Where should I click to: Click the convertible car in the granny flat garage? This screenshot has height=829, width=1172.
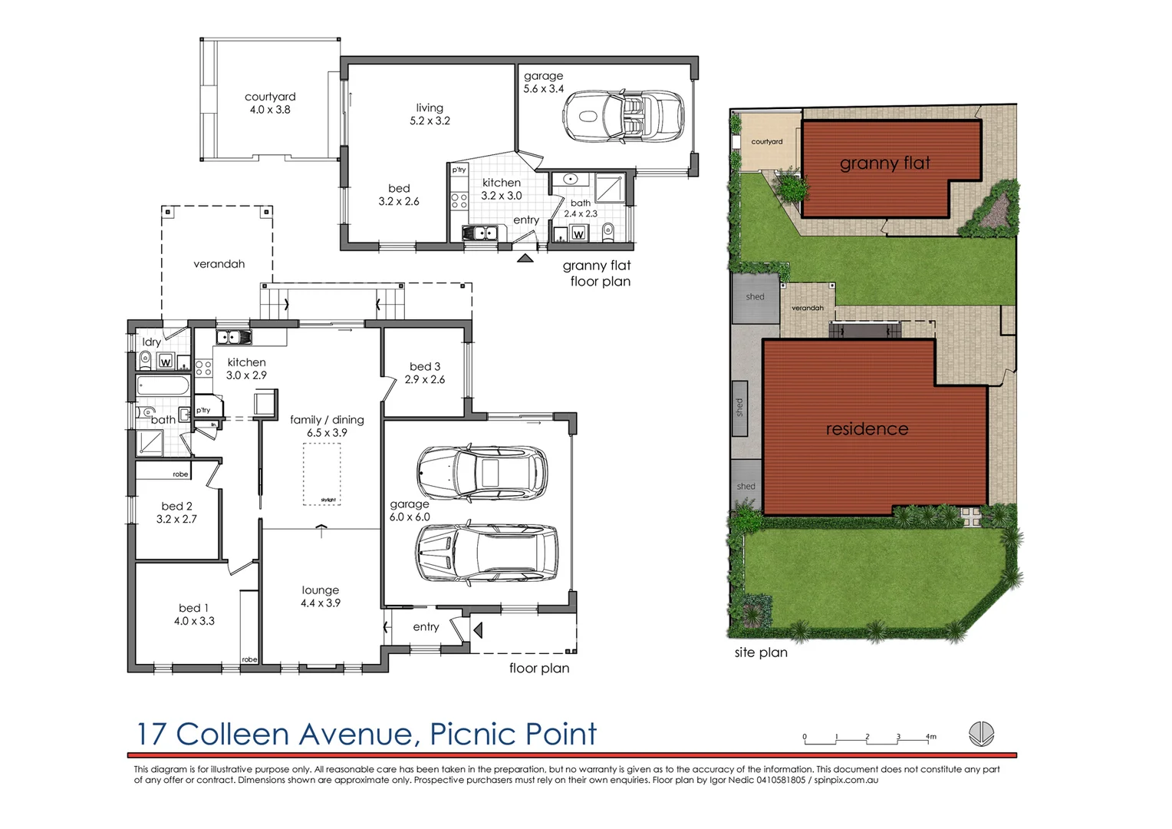click(623, 117)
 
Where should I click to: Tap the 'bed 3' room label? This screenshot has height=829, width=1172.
click(425, 367)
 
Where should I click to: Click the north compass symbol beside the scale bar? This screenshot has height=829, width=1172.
click(981, 734)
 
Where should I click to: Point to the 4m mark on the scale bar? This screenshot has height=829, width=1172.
click(929, 738)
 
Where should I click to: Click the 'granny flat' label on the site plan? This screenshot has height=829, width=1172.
click(884, 163)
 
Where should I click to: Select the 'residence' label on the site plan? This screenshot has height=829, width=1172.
click(867, 429)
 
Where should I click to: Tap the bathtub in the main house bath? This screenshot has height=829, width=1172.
click(163, 385)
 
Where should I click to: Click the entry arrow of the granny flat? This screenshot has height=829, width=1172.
click(525, 259)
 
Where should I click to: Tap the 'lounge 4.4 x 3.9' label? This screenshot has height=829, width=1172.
click(321, 596)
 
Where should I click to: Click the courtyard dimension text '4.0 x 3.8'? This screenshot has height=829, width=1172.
click(270, 110)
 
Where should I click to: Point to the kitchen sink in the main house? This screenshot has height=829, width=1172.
click(233, 337)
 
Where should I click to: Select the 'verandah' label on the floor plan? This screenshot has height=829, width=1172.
click(219, 264)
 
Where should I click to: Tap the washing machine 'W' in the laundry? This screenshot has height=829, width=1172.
click(165, 362)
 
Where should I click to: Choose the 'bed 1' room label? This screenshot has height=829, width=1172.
click(194, 608)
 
